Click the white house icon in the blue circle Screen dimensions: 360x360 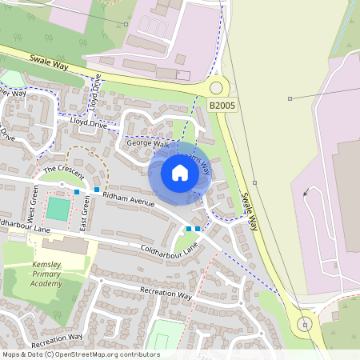180,173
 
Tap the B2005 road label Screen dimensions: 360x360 222,105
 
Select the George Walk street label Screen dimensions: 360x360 149,144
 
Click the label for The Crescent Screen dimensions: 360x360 62,170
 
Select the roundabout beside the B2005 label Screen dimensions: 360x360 215,88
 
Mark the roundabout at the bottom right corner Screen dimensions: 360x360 304,324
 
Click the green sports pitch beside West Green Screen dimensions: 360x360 58,210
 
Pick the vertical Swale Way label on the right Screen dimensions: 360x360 250,212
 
